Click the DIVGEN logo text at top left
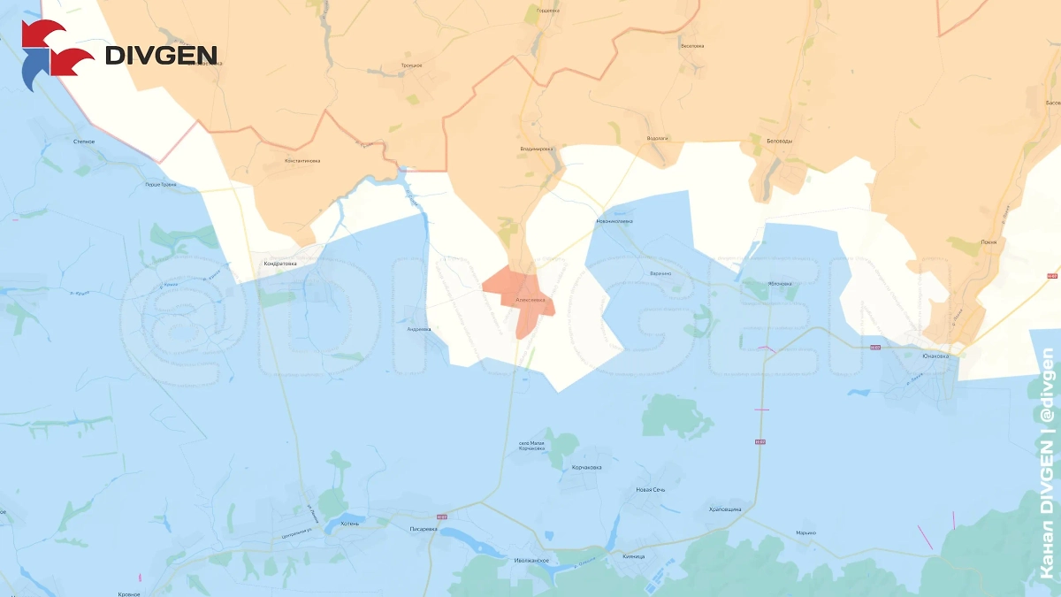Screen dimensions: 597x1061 (x=161, y=56)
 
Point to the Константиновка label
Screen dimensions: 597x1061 (x=302, y=161)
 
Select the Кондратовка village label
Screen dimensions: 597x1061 (x=280, y=263)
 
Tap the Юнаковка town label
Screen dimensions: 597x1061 (x=935, y=356)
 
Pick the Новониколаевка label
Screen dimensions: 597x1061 (x=615, y=222)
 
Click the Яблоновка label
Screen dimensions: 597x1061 (x=778, y=284)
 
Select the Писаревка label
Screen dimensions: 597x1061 (x=424, y=529)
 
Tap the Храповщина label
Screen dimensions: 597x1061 (x=725, y=510)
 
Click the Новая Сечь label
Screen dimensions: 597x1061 (x=650, y=489)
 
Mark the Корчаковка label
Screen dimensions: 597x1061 (x=586, y=467)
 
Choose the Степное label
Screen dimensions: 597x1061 (x=85, y=141)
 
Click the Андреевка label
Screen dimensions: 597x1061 (x=418, y=329)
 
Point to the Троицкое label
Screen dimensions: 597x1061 (x=411, y=65)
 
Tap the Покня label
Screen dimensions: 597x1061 (x=988, y=241)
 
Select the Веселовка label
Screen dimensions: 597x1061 (x=691, y=45)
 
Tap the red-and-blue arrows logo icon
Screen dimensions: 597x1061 (x=56, y=56)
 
